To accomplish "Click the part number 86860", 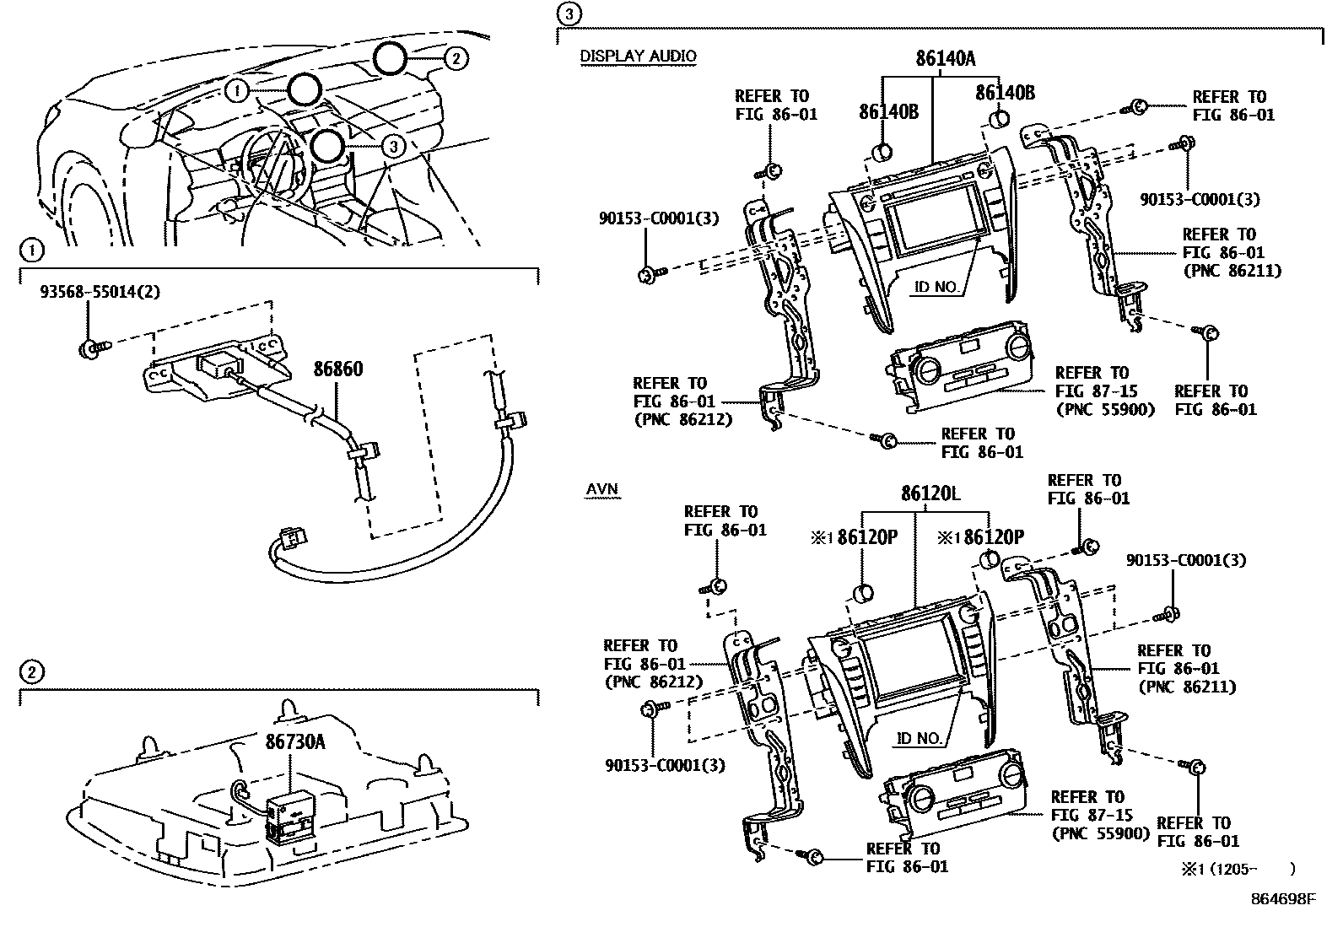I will pyautogui.click(x=338, y=369).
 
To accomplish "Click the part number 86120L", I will pyautogui.click(x=930, y=494).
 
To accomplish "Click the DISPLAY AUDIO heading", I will pyautogui.click(x=638, y=57).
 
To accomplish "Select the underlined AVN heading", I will pyautogui.click(x=601, y=489).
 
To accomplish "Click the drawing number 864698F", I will pyautogui.click(x=1282, y=899).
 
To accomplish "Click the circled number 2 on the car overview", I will pyautogui.click(x=455, y=58).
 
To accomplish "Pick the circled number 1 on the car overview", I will pyautogui.click(x=238, y=89).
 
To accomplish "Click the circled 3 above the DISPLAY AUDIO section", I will pyautogui.click(x=569, y=13).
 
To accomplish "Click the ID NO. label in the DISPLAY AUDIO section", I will pyautogui.click(x=936, y=287).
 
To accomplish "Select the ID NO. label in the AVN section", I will pyautogui.click(x=919, y=738).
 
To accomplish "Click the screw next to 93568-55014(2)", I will pyautogui.click(x=89, y=348).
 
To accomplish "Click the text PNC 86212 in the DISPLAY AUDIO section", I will pyautogui.click(x=683, y=419).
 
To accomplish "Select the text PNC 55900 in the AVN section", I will pyautogui.click(x=1101, y=833).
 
